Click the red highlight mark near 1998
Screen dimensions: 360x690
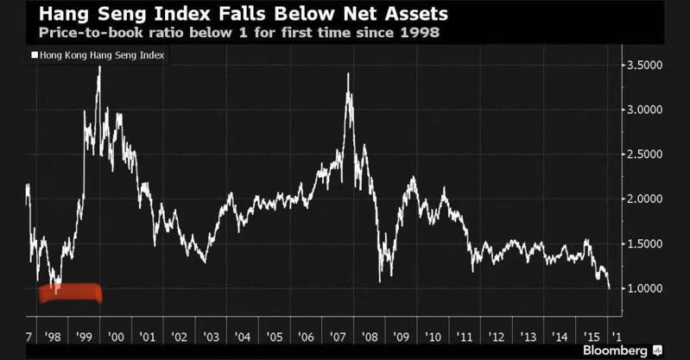pyautogui.click(x=71, y=294)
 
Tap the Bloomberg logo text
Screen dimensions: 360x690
pyautogui.click(x=617, y=350)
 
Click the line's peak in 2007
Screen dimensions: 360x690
pyautogui.click(x=348, y=74)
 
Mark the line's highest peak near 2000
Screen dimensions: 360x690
pyautogui.click(x=99, y=66)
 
